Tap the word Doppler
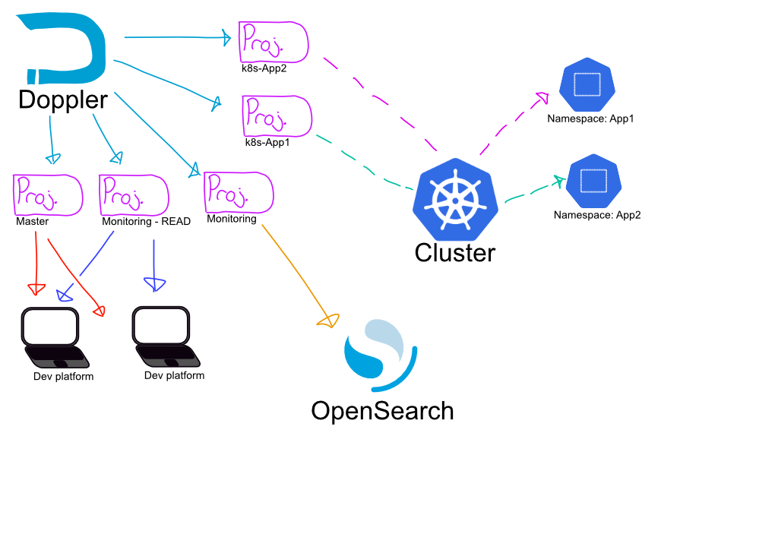pyautogui.click(x=63, y=100)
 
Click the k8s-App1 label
pyautogui.click(x=267, y=142)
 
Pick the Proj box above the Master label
pyautogui.click(x=47, y=195)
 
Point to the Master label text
pyautogui.click(x=33, y=222)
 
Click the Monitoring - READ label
pyautogui.click(x=147, y=222)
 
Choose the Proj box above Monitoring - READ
pyautogui.click(x=133, y=195)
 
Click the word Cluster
pyautogui.click(x=455, y=252)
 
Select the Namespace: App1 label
pyautogui.click(x=590, y=119)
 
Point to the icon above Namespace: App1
pyautogui.click(x=587, y=84)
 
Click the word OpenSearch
pyautogui.click(x=382, y=411)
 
